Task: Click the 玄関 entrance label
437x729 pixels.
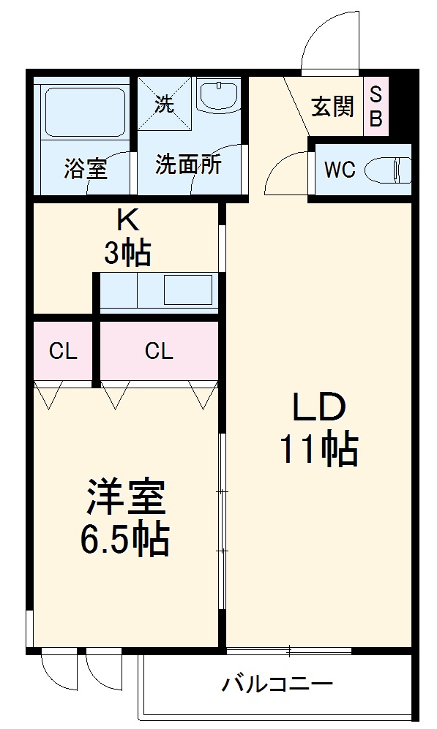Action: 333,107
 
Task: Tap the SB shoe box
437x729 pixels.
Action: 375,107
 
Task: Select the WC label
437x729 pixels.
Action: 340,170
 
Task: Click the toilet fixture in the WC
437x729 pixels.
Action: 392,170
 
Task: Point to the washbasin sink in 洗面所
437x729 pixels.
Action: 219,95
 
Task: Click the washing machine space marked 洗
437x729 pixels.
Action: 165,103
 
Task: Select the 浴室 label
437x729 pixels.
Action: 86,169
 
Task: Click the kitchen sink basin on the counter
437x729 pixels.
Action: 187,290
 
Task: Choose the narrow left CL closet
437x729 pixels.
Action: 63,352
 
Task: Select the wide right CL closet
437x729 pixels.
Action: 159,352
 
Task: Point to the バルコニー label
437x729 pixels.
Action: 277,685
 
